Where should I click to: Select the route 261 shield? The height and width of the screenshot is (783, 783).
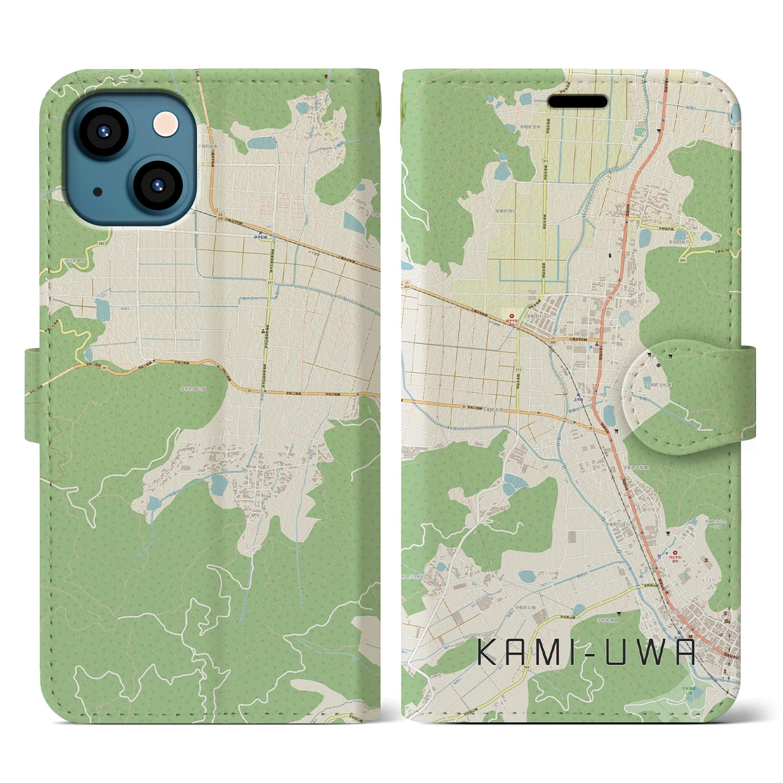pyautogui.click(x=270, y=283)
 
